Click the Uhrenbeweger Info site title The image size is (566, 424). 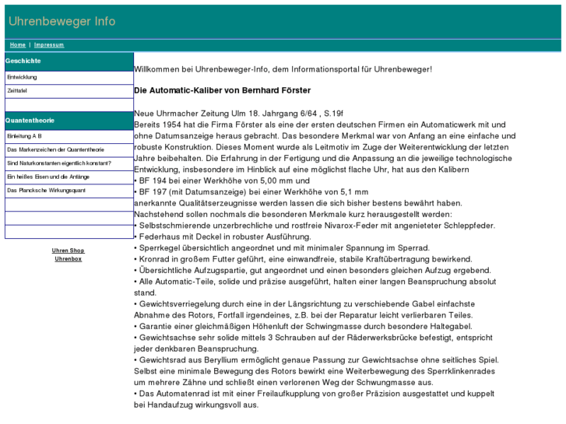(62, 21)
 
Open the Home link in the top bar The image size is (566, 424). (18, 45)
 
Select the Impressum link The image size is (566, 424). (49, 45)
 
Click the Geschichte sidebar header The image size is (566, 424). (23, 61)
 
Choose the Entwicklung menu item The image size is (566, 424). (22, 77)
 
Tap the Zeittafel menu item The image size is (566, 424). (18, 91)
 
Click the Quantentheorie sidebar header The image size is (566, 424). (30, 121)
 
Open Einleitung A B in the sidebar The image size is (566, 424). (24, 135)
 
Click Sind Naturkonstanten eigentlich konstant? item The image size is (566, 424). (59, 163)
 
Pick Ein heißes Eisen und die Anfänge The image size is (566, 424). (47, 177)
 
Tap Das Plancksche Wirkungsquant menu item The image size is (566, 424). (46, 191)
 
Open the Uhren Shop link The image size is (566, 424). (68, 251)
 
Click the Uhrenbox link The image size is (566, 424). (68, 259)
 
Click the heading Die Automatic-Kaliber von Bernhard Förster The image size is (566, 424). (222, 91)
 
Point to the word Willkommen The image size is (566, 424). (157, 69)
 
